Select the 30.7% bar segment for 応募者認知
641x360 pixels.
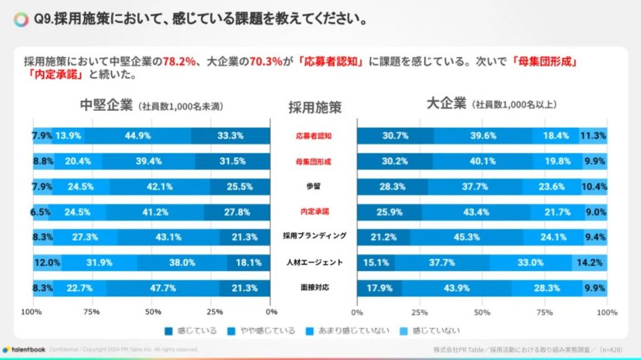394,135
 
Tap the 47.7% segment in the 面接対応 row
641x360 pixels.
162,288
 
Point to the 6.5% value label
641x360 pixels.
40,212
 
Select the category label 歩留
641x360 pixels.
314,186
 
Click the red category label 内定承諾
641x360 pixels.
314,212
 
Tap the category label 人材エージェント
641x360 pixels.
314,262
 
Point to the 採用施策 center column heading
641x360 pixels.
314,107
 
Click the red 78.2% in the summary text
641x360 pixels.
178,62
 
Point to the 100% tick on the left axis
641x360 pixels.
31,311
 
